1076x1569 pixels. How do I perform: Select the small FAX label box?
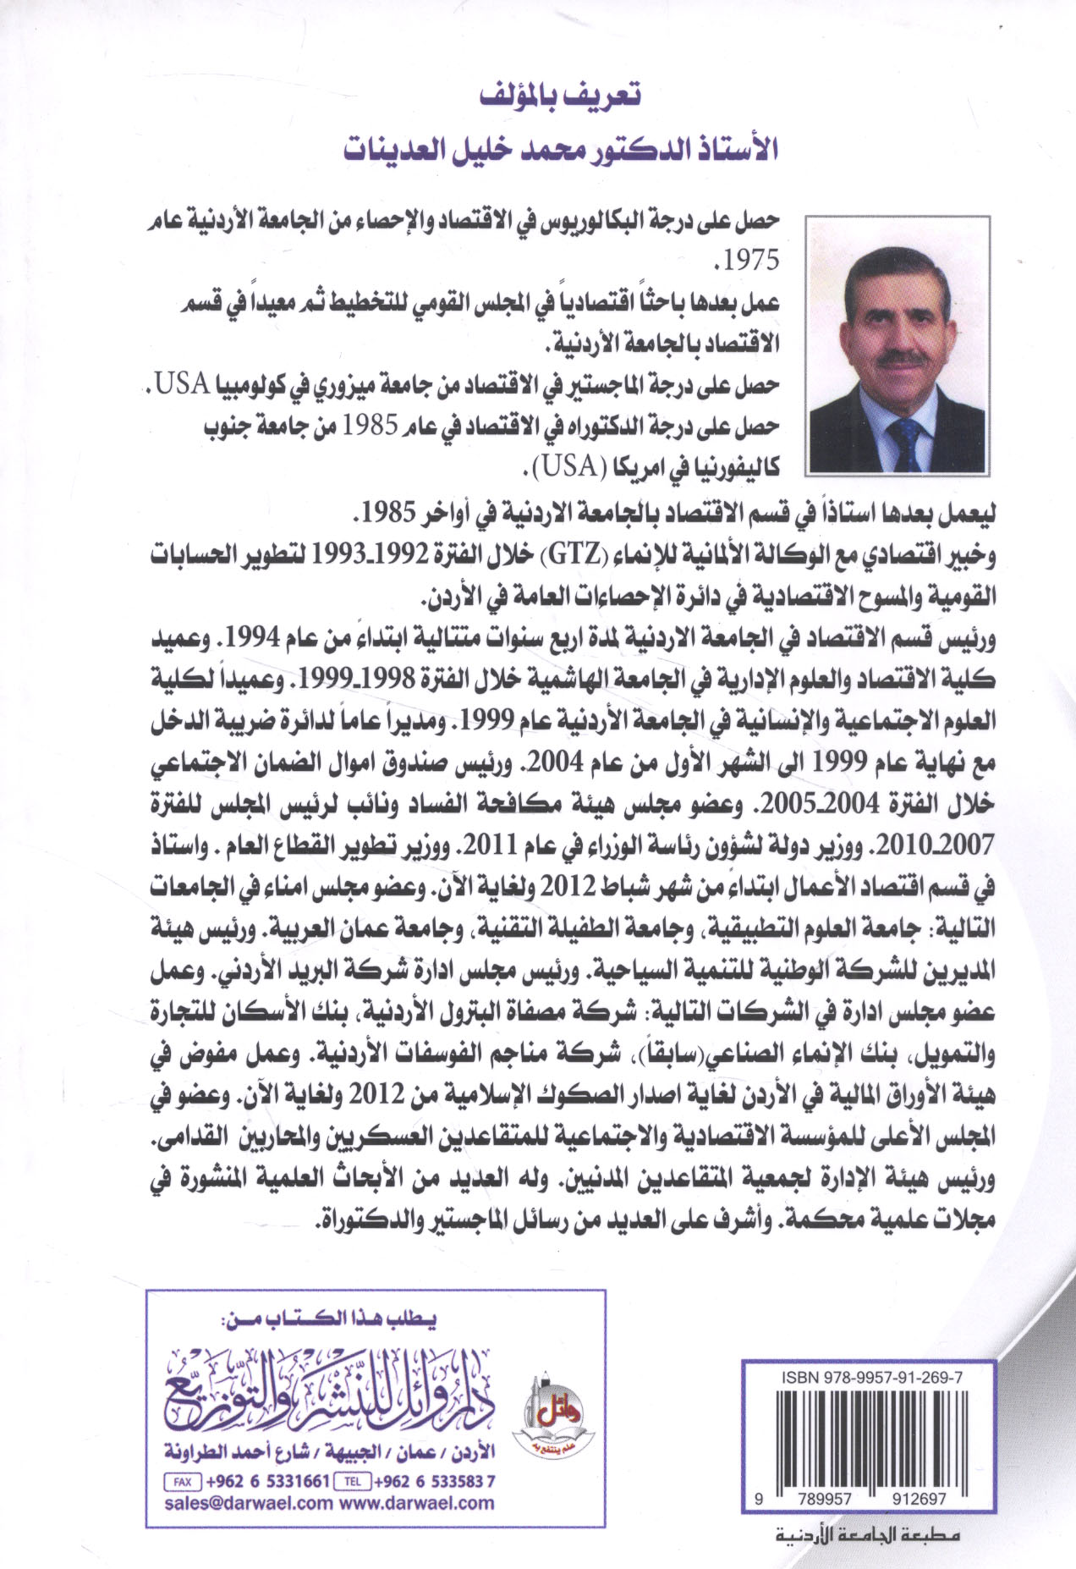183,1482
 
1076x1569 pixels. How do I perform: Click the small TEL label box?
353,1482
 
